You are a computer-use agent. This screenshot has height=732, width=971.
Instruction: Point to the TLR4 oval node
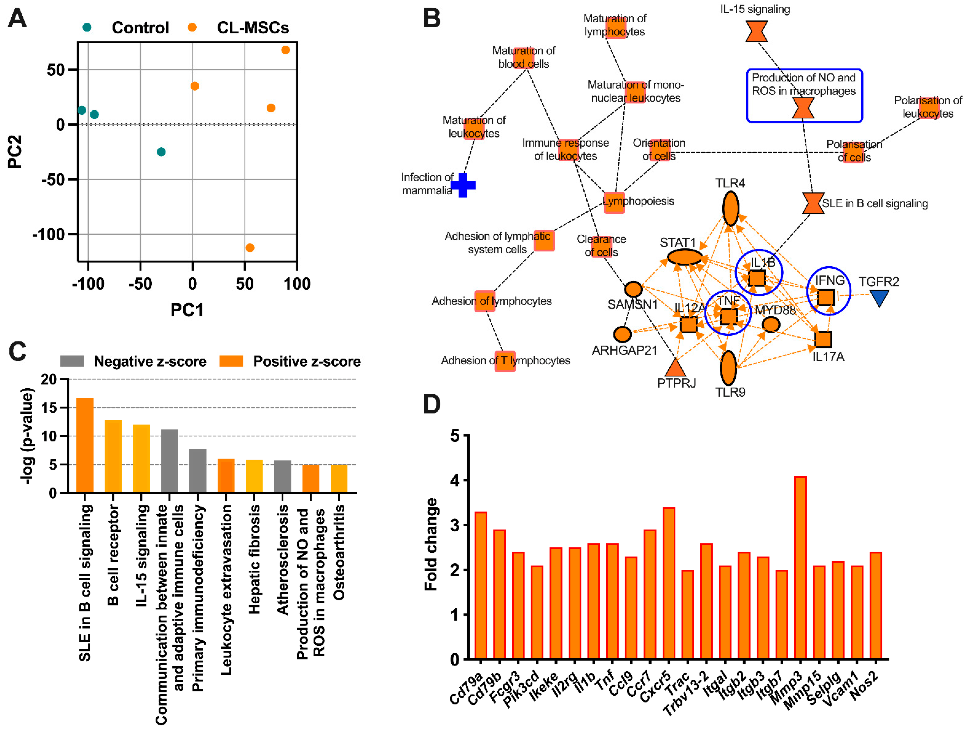pyautogui.click(x=730, y=208)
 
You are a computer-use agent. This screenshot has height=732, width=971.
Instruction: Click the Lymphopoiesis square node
pyautogui.click(x=614, y=202)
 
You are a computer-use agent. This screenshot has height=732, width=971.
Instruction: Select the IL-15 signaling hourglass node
pyautogui.click(x=756, y=31)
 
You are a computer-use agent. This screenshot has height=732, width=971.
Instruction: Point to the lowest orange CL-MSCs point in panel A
pyautogui.click(x=250, y=248)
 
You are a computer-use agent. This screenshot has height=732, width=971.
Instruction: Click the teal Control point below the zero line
pyautogui.click(x=161, y=152)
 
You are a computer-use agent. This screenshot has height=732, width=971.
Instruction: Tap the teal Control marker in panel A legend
pyautogui.click(x=87, y=27)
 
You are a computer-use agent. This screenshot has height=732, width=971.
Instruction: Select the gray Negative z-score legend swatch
pyautogui.click(x=72, y=361)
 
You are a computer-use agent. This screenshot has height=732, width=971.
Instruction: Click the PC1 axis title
pyautogui.click(x=187, y=310)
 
